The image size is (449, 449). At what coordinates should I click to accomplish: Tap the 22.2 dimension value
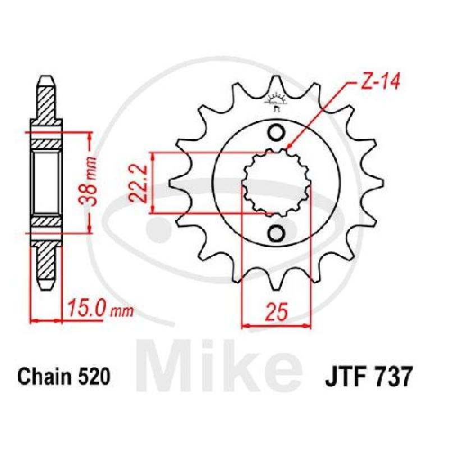point(138,184)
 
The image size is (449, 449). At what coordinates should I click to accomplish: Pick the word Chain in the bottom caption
point(41,377)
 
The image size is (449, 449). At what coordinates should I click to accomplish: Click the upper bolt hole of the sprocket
point(276,132)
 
